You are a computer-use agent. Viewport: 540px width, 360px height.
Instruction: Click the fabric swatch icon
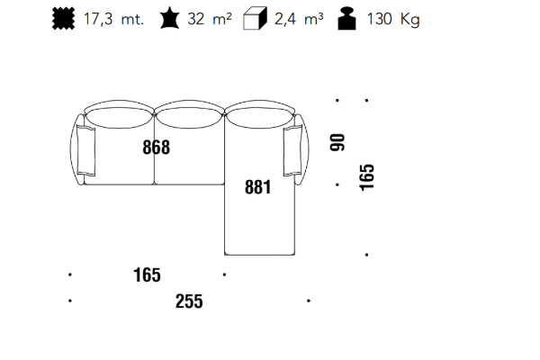[x=63, y=19]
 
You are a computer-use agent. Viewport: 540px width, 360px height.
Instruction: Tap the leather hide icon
[x=169, y=19]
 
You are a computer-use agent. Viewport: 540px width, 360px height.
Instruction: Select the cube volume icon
[x=255, y=18]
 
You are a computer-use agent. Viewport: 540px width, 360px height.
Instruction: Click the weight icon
[x=346, y=19]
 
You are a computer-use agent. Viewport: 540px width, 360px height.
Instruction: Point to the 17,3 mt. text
[x=113, y=19]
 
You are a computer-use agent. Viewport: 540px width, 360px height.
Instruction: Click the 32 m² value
[x=210, y=19]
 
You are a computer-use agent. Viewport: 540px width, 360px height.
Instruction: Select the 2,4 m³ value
[x=299, y=19]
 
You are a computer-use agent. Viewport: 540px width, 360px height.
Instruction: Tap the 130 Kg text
[x=393, y=19]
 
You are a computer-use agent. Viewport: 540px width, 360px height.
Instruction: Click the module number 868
[x=156, y=147]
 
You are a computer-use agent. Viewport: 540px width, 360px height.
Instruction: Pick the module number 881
[x=258, y=187]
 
